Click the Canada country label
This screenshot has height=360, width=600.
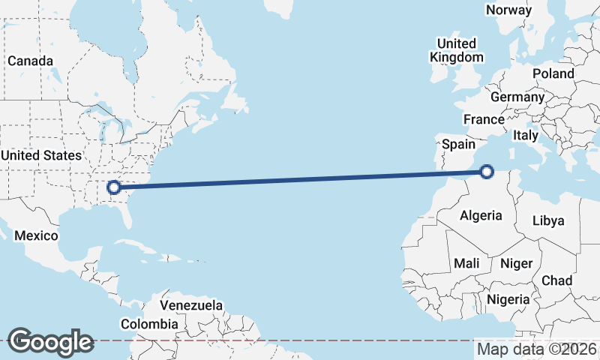click(30, 61)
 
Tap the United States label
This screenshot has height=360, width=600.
click(40, 155)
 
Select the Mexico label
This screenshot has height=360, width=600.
click(37, 235)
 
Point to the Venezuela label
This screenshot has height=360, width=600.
click(192, 306)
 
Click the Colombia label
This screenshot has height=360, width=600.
click(149, 324)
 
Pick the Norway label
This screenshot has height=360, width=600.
click(508, 10)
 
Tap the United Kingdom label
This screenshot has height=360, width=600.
click(456, 50)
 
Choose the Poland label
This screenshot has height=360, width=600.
click(553, 73)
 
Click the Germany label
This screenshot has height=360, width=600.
click(517, 97)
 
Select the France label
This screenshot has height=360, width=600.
click(484, 119)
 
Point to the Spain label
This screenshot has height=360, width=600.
click(459, 144)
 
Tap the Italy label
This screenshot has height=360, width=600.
click(525, 136)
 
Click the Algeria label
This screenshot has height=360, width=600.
click(481, 215)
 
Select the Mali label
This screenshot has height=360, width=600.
click(466, 263)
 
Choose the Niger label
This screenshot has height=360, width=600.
click(516, 263)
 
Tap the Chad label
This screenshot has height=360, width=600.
click(556, 280)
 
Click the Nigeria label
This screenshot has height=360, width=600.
click(508, 299)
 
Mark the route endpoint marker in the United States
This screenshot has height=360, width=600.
click(114, 187)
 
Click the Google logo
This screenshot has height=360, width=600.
click(50, 342)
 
